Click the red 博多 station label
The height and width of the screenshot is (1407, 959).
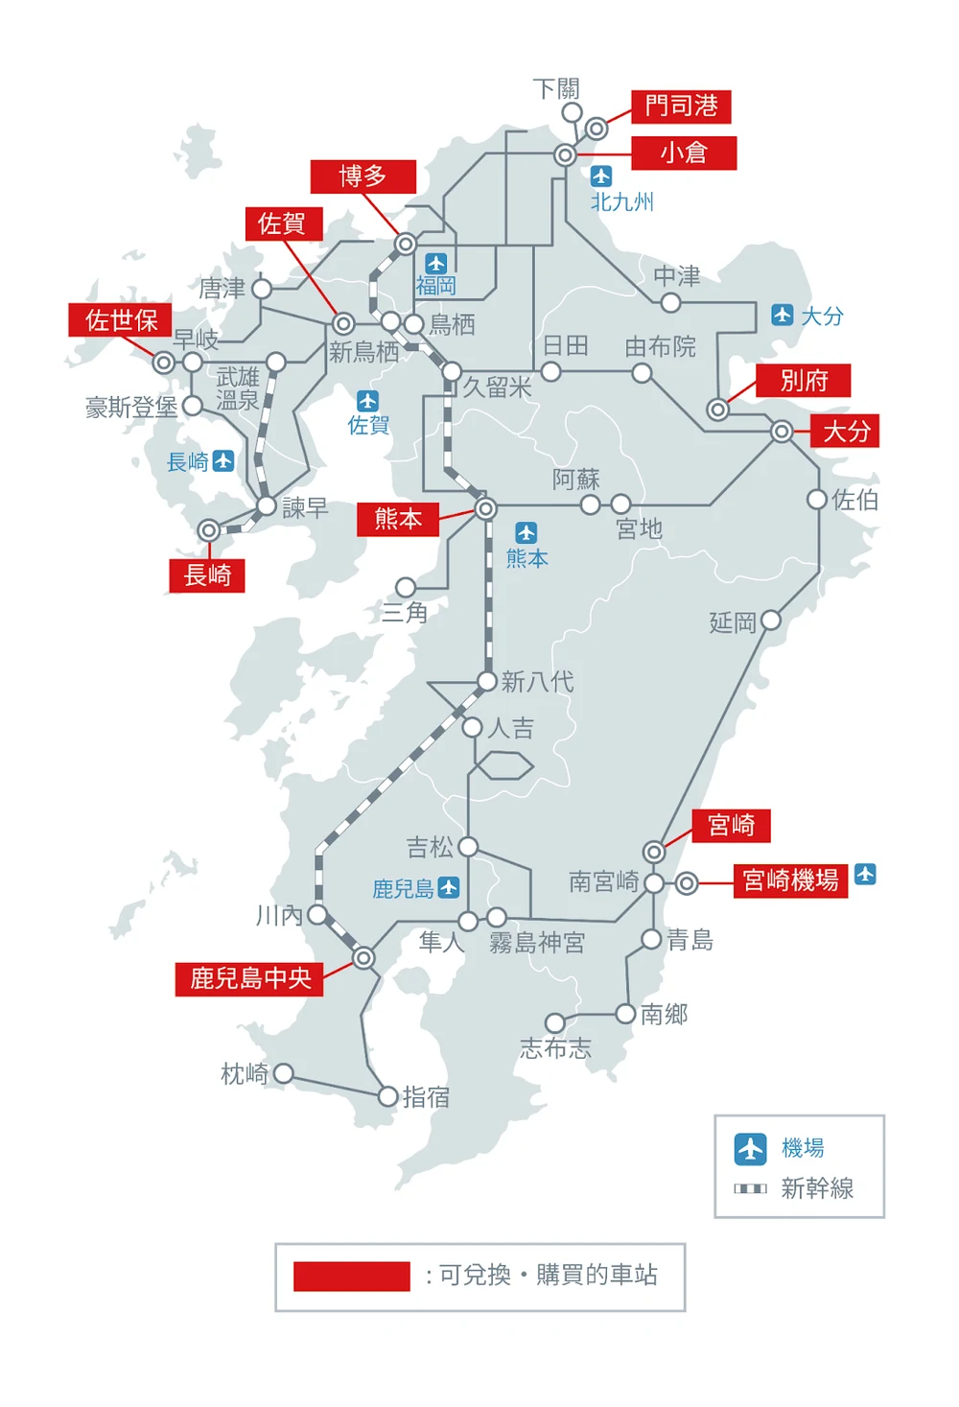click(x=363, y=176)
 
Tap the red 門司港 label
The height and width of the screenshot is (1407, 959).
click(x=681, y=106)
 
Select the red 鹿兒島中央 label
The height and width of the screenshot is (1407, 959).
click(x=249, y=978)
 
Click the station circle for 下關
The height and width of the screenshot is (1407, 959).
click(x=572, y=112)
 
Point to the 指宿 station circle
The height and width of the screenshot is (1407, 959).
click(x=387, y=1096)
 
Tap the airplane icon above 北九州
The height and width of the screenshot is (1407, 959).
click(x=601, y=176)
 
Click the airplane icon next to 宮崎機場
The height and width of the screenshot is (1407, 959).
click(x=865, y=874)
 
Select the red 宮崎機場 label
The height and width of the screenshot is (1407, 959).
click(x=790, y=879)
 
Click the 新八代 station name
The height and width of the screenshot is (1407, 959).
click(x=537, y=682)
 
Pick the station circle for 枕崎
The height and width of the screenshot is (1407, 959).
click(x=284, y=1073)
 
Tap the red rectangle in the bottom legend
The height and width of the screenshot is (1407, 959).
click(x=351, y=1277)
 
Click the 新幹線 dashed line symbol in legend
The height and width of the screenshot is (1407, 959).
click(x=750, y=1188)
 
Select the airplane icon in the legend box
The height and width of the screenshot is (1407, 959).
click(x=750, y=1148)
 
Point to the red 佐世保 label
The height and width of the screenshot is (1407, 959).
click(x=121, y=320)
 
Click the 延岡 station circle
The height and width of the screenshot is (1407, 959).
click(x=770, y=621)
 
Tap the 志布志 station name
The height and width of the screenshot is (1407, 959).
click(x=555, y=1048)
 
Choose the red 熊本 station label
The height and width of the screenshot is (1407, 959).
click(x=398, y=519)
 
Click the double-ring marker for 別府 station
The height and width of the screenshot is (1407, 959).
click(x=717, y=410)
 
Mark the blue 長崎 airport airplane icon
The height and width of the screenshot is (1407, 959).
click(x=223, y=461)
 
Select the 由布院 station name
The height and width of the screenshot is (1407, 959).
click(x=660, y=346)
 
